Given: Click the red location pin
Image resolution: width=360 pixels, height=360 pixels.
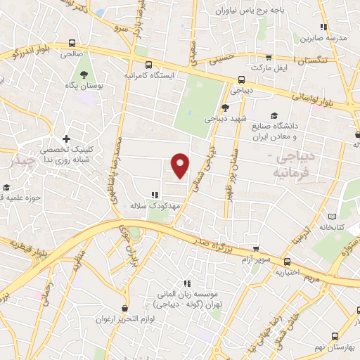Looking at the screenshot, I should click(181, 167).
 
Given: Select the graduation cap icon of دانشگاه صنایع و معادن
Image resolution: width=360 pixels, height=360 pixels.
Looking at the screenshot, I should click(273, 117).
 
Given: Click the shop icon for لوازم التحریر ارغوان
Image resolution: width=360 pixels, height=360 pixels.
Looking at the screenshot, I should click(124, 308).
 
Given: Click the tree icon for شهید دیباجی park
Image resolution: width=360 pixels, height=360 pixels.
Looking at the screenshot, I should click(224, 107).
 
